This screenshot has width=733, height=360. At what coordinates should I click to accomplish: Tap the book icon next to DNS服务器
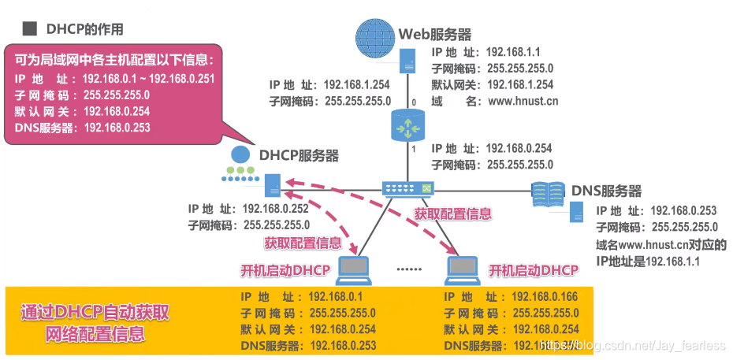click(549, 191)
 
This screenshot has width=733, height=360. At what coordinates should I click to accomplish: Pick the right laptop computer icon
click(463, 269)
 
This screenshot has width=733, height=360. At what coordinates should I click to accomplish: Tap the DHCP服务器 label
click(299, 155)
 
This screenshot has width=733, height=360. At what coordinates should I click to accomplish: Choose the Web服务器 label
click(435, 34)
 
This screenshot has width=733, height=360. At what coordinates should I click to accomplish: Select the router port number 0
click(412, 102)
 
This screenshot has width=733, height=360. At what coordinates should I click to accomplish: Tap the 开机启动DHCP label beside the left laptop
click(285, 270)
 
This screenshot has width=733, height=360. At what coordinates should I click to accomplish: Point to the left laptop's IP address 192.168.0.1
click(336, 296)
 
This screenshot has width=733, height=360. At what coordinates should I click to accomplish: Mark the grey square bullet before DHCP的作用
click(29, 29)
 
